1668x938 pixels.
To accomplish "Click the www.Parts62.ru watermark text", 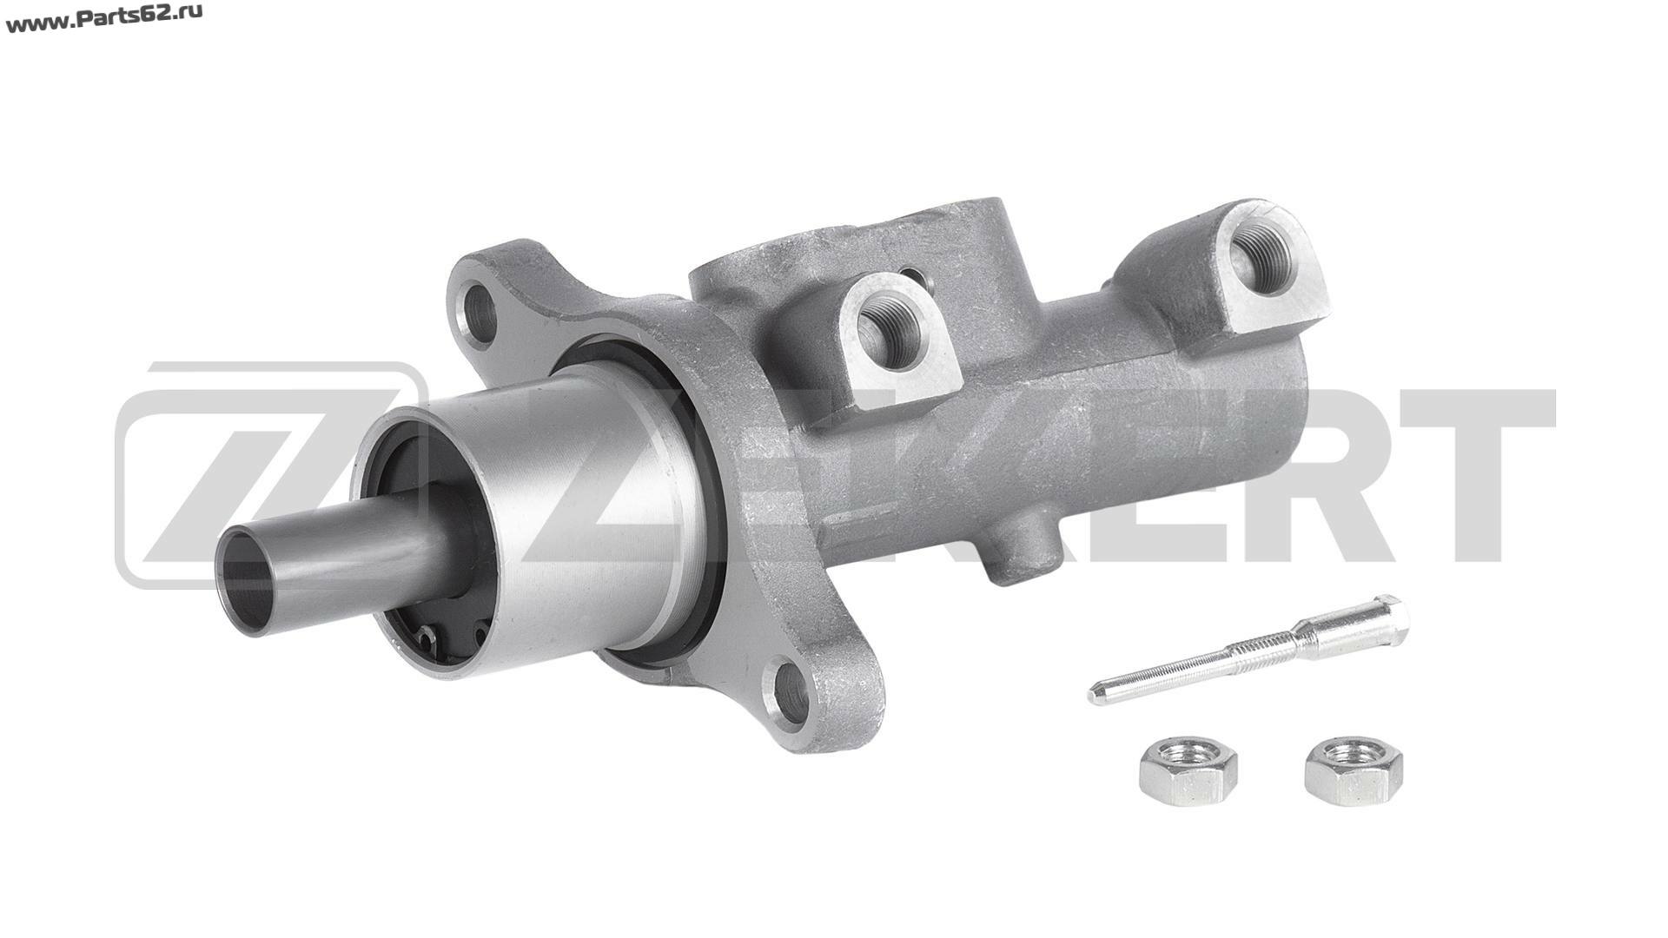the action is coord(104,18).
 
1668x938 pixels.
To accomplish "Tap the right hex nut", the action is coord(1354,771).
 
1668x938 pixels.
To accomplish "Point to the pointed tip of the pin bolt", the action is coord(1094,696).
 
